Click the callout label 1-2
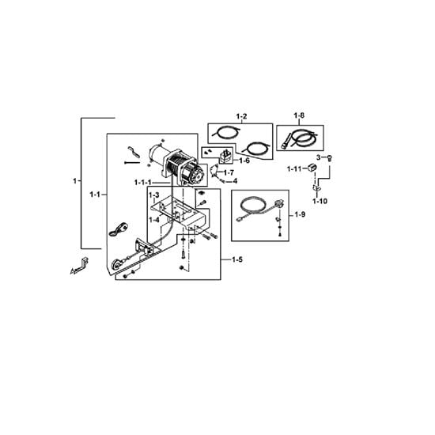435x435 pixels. pyautogui.click(x=241, y=116)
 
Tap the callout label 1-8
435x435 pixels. pyautogui.click(x=299, y=115)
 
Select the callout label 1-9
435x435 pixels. pyautogui.click(x=300, y=214)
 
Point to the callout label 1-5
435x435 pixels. pyautogui.click(x=237, y=259)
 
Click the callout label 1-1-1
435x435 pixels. pyautogui.click(x=143, y=183)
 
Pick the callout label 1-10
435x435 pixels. pyautogui.click(x=320, y=201)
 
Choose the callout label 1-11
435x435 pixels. pyautogui.click(x=294, y=168)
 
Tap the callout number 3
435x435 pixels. pyautogui.click(x=319, y=157)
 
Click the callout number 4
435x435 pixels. pyautogui.click(x=235, y=181)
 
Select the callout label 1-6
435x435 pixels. pyautogui.click(x=244, y=161)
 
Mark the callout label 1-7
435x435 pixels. pyautogui.click(x=229, y=173)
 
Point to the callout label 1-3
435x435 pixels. pyautogui.click(x=154, y=195)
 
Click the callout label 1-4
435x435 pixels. pyautogui.click(x=154, y=220)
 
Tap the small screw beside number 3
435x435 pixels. pyautogui.click(x=330, y=158)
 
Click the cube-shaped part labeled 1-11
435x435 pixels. pyautogui.click(x=312, y=168)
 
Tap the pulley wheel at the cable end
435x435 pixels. pyautogui.click(x=115, y=264)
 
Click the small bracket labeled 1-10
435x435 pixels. pyautogui.click(x=316, y=187)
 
